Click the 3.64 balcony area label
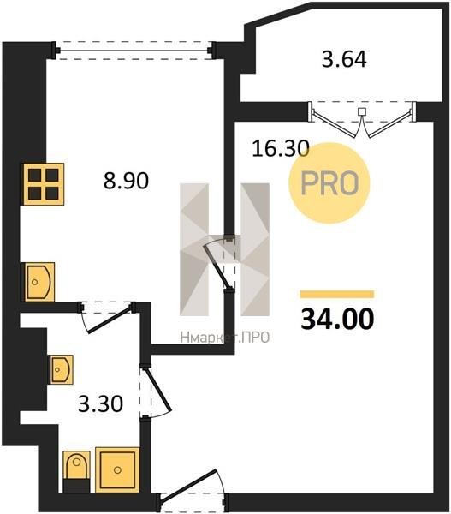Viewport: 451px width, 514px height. click(x=344, y=59)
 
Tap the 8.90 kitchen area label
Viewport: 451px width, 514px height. click(x=126, y=181)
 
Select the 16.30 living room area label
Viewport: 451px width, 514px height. click(x=281, y=148)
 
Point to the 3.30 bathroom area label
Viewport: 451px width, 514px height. click(x=100, y=403)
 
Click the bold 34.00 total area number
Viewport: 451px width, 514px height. click(x=337, y=319)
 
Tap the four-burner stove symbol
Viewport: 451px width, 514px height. click(x=44, y=184)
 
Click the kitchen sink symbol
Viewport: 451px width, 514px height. click(x=38, y=282)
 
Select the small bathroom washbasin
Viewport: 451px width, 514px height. click(x=62, y=369)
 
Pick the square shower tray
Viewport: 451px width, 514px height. click(x=117, y=470)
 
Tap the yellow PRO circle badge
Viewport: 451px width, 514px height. click(x=329, y=183)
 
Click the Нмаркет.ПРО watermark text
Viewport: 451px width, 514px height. click(x=225, y=337)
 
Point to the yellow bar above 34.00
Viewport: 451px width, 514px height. click(x=337, y=294)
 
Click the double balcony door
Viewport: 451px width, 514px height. click(x=362, y=119)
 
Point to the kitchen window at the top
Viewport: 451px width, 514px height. click(x=134, y=51)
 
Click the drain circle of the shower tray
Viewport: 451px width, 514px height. click(x=117, y=470)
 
